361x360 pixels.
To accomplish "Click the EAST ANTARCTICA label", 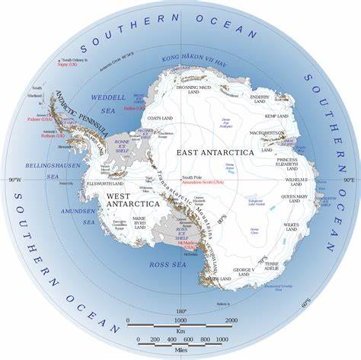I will [x=216, y=152].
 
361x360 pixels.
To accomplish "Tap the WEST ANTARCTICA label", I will [x=133, y=200].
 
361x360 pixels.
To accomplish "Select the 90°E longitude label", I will [x=348, y=180].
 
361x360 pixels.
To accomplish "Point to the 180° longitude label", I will [x=181, y=311].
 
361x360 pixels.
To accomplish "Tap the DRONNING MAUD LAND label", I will [x=200, y=91].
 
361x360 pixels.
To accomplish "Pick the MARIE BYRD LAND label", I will [x=139, y=221].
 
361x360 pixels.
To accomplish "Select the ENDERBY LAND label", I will [x=260, y=100].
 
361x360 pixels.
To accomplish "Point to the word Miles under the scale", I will [x=180, y=349].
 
